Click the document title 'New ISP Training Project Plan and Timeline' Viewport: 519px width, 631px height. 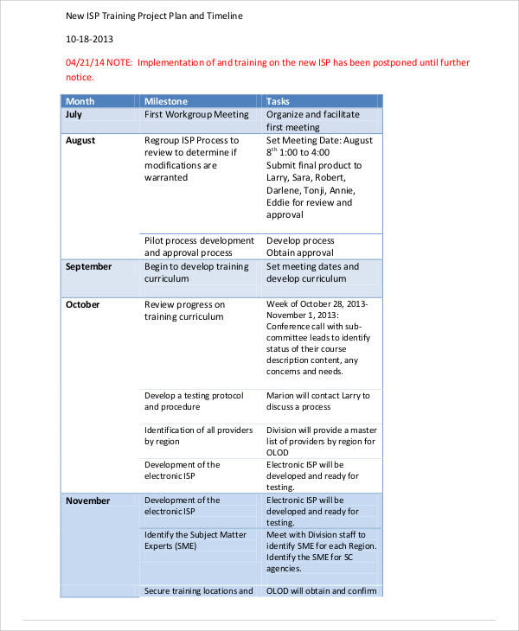pos(154,16)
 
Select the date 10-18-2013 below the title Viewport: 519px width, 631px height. pos(89,40)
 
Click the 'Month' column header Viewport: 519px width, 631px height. pos(80,101)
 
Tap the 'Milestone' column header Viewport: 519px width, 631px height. pos(165,101)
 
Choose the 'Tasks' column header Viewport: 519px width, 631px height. pos(279,101)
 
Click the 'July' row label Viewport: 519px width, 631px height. pos(74,114)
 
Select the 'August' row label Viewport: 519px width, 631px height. pos(80,140)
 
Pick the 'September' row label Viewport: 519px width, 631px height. pos(88,266)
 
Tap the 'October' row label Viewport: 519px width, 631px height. pos(82,304)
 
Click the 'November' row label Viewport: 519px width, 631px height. pos(87,500)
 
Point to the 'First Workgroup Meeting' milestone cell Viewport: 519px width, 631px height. pos(196,114)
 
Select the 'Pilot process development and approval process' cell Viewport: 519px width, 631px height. pos(199,246)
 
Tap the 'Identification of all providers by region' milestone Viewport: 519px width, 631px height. pos(198,436)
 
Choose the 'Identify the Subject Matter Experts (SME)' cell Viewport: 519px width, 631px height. pos(195,541)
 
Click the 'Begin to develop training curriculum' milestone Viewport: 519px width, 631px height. pos(195,273)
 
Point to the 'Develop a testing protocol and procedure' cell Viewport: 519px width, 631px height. pos(194,401)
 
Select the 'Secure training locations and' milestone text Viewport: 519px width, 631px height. pos(198,591)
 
